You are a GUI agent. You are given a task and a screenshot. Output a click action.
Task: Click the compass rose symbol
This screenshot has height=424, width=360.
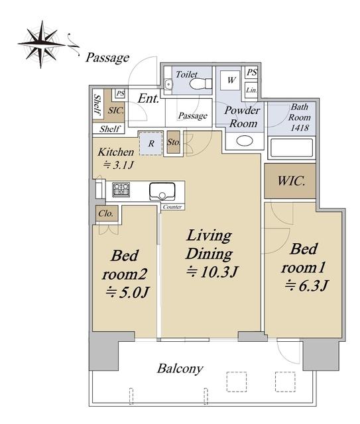pos(41,44)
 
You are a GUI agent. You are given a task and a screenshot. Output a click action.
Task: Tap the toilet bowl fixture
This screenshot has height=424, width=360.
pos(201,83)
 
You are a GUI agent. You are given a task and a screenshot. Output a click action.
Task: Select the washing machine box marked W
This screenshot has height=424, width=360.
pos(230,80)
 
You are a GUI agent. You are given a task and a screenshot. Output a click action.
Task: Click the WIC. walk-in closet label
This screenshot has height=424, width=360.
pos(291,181)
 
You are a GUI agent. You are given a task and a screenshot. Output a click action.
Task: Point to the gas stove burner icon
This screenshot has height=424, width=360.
pos(121,189)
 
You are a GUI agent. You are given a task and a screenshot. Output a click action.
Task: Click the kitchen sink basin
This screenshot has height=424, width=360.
pos(162,191)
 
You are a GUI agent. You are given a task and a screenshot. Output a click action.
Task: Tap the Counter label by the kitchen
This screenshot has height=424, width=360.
pos(172,207)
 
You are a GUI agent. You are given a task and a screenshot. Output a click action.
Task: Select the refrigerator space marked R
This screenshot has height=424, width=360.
pos(151,143)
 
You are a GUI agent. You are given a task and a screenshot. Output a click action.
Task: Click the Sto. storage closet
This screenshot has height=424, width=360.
pos(173,142)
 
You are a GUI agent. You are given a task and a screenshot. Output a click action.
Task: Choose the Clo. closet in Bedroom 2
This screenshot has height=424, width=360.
pos(106,213)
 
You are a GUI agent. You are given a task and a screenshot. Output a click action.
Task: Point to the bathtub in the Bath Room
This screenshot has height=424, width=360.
pos(292,148)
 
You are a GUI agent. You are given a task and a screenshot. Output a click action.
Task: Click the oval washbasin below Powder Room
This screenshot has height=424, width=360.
pos(245,140)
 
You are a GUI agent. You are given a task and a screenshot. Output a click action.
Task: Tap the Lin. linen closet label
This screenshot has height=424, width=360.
pos(251,90)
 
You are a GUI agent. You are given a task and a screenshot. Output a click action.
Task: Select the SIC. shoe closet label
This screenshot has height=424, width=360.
pos(116,110)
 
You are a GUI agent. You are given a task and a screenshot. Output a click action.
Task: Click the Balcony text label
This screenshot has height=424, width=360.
pos(180,369)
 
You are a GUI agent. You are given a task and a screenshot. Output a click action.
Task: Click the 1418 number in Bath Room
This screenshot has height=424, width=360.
pos(300,128)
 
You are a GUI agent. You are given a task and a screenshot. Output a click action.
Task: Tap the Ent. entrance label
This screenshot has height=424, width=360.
pos(148,99)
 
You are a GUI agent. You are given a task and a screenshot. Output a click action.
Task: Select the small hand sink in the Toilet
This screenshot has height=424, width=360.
pos(168,84)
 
